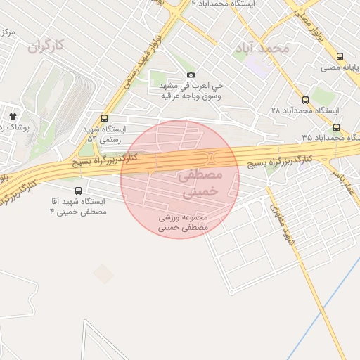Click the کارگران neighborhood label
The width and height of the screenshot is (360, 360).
coord(46,46)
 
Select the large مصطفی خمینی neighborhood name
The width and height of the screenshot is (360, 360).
coord(201,181)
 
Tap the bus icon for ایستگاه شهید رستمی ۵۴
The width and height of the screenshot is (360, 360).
coord(105,118)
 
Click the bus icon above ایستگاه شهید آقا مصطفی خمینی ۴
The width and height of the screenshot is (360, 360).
coord(77,190)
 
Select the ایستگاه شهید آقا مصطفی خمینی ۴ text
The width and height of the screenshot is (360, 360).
coord(77,206)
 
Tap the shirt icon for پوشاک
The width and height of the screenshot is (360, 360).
coord(13,115)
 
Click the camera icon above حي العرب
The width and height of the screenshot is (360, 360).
coord(191,75)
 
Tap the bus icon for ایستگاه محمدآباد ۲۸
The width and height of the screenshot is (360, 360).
coord(305,100)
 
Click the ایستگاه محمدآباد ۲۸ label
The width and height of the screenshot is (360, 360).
coord(304,111)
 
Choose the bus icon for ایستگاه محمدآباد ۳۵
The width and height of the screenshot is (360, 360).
coord(336,127)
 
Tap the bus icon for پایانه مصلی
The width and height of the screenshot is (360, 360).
coord(340,56)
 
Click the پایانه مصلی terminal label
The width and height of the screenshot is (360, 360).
coord(340,67)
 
